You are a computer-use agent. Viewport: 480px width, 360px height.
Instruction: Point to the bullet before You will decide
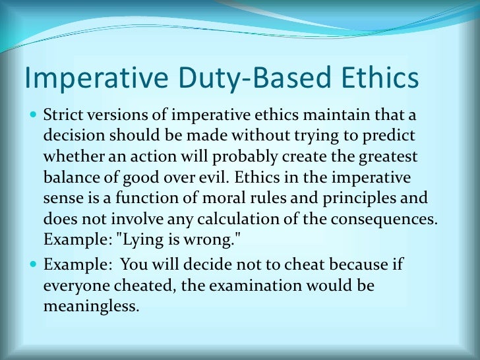pyautogui.click(x=34, y=265)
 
